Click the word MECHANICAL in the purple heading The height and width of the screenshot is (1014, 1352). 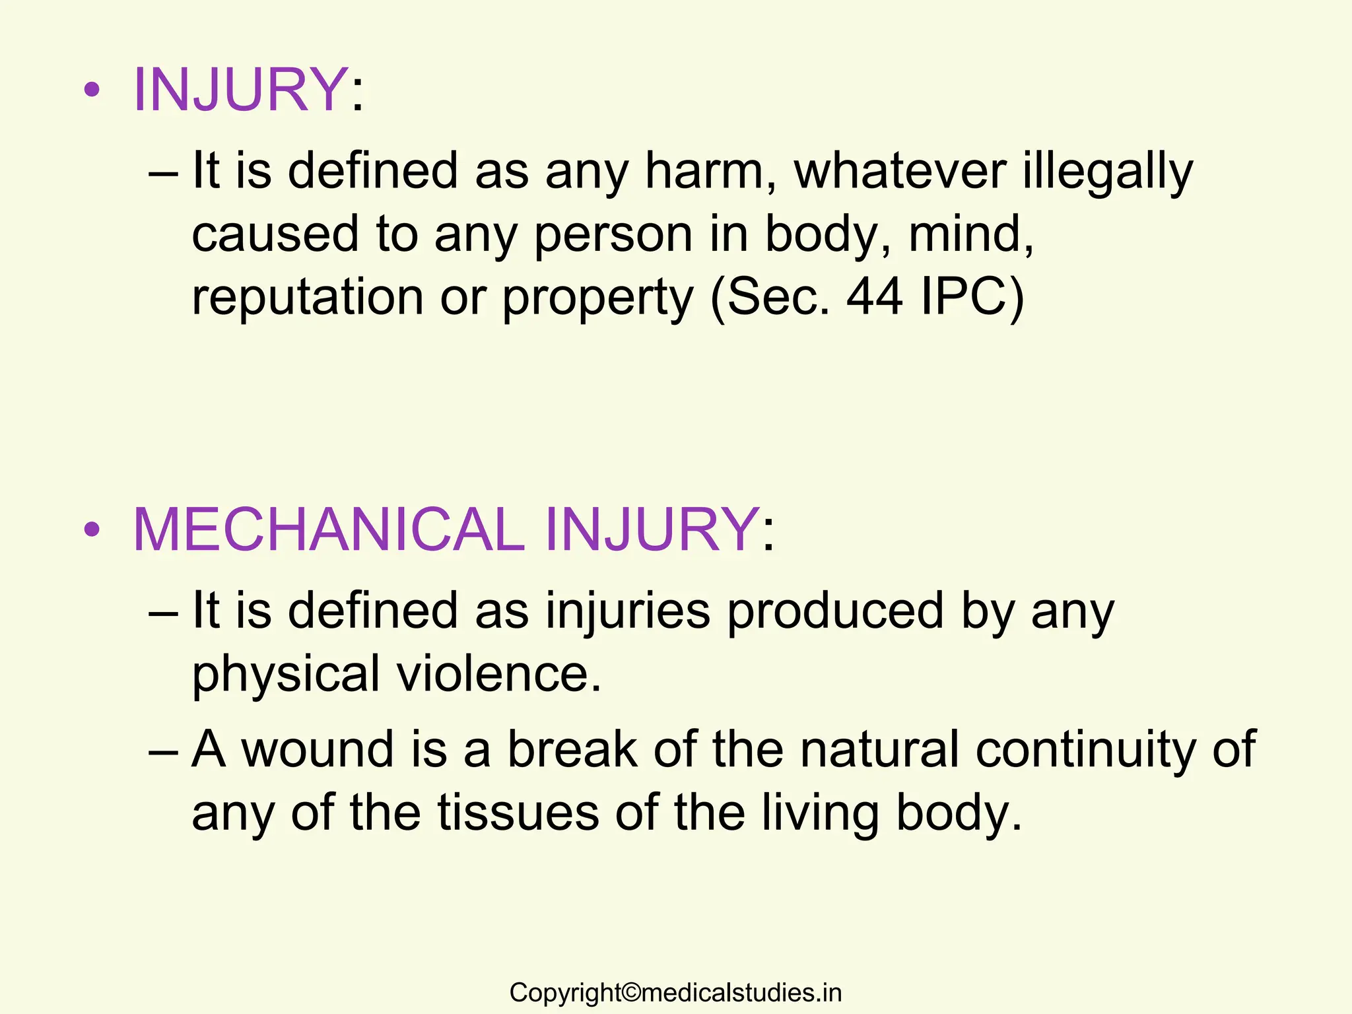click(328, 529)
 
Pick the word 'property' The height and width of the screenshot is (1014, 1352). click(597, 298)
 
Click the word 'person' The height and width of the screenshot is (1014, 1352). click(613, 235)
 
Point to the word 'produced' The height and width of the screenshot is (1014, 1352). click(836, 611)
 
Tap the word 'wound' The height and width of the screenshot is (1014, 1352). click(318, 749)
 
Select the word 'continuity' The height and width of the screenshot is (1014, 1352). click(1084, 749)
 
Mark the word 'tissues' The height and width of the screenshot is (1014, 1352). click(518, 813)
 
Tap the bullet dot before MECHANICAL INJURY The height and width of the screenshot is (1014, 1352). click(92, 529)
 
